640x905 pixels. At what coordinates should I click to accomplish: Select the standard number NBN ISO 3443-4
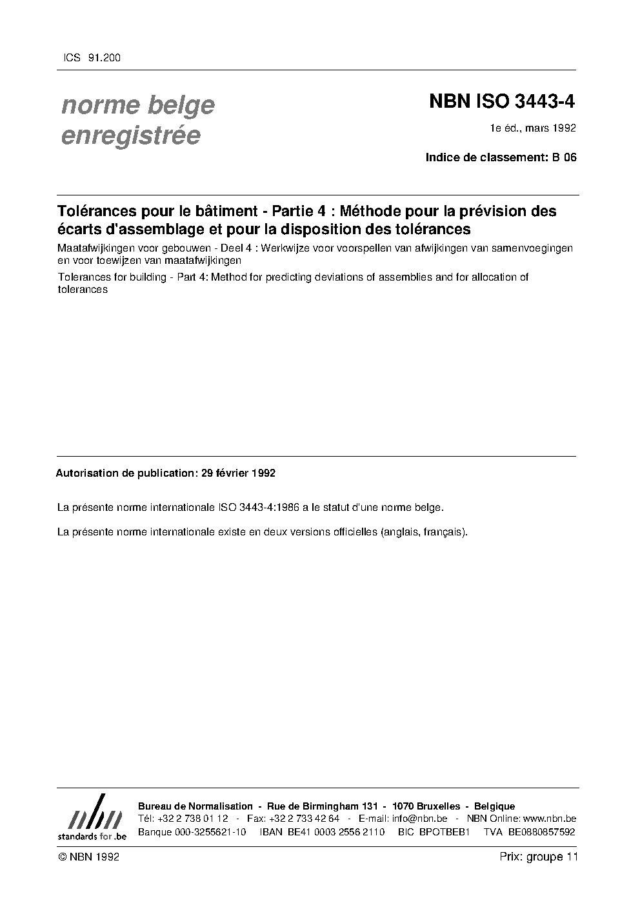pyautogui.click(x=501, y=102)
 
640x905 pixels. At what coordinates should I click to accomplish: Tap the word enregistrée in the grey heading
pyautogui.click(x=130, y=135)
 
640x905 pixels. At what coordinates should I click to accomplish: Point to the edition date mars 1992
pyautogui.click(x=550, y=128)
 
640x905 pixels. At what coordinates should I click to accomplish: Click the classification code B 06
pyautogui.click(x=563, y=157)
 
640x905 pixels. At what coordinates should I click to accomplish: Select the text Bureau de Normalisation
pyautogui.click(x=195, y=806)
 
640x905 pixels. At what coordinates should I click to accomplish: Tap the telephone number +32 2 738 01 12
pyautogui.click(x=192, y=819)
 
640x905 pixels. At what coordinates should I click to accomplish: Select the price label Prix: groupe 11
pyautogui.click(x=539, y=857)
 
